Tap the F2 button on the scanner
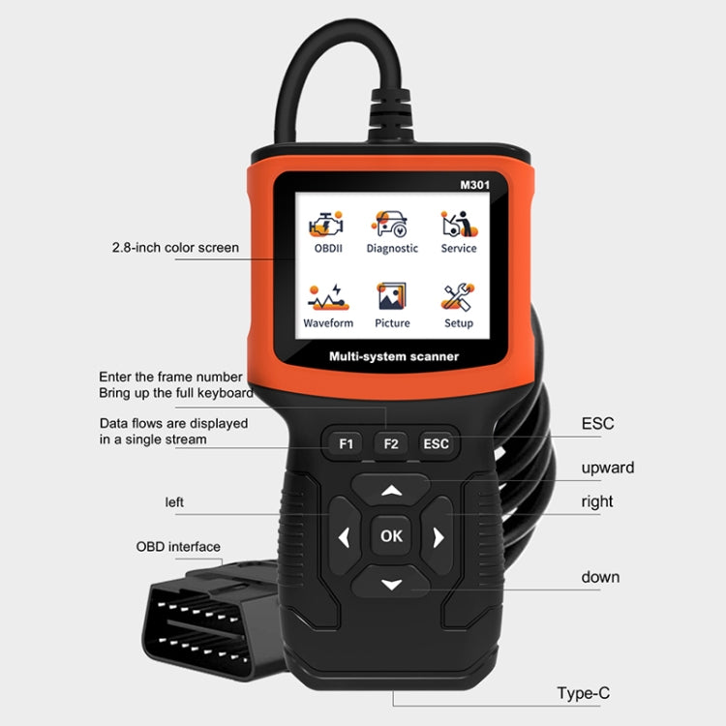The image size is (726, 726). pyautogui.click(x=391, y=444)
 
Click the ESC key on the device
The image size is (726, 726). pyautogui.click(x=436, y=444)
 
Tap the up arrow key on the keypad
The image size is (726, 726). pyautogui.click(x=391, y=490)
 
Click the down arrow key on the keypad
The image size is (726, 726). pyautogui.click(x=391, y=584)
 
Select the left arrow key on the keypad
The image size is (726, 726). pyautogui.click(x=344, y=536)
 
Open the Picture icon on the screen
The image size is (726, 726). pyautogui.click(x=392, y=297)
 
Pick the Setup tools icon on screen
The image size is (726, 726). pyautogui.click(x=458, y=297)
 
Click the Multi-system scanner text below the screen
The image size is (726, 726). pyautogui.click(x=393, y=357)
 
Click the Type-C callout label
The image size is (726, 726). pyautogui.click(x=583, y=692)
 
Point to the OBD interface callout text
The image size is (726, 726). pyautogui.click(x=178, y=547)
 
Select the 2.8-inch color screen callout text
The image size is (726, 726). pyautogui.click(x=175, y=248)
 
